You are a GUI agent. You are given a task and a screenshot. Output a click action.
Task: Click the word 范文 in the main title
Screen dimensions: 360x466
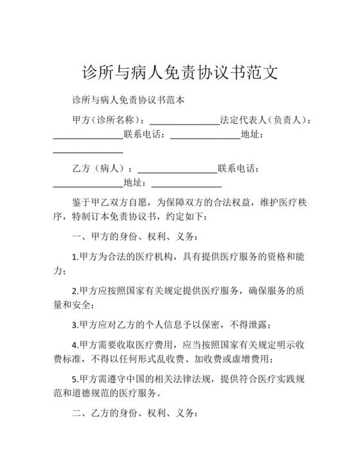260,71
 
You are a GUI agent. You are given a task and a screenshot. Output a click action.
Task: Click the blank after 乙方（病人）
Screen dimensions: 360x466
177,168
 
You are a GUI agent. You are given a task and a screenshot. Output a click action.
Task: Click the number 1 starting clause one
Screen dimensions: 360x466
75,256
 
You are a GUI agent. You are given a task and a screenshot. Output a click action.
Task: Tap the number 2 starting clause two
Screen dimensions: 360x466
75,290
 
